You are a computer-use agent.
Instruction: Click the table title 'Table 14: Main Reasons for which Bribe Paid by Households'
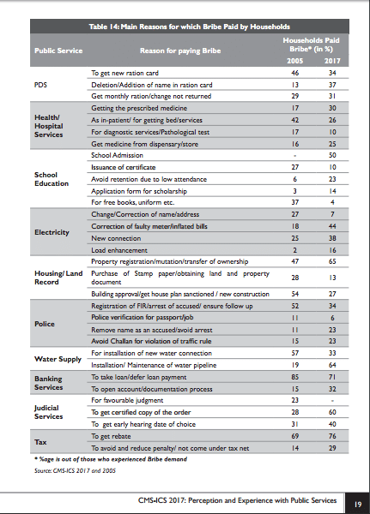189,27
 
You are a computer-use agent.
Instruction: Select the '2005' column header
294,61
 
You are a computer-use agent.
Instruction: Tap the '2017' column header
332,61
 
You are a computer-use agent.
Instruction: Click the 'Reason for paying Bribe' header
180,51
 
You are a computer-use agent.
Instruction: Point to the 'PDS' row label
40,85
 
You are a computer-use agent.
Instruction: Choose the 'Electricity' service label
52,232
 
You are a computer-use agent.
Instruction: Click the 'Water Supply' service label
58,359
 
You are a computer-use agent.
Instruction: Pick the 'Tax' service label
40,442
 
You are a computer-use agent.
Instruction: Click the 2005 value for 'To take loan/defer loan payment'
294,377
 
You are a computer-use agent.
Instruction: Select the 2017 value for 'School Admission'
332,155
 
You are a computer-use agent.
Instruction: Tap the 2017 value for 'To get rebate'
332,436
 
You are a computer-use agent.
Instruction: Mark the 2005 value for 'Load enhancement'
294,250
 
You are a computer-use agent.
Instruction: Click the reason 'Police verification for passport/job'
142,317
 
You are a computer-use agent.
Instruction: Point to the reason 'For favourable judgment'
127,400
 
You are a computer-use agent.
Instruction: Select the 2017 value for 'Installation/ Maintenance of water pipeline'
332,365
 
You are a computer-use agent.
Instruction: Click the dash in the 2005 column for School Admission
294,156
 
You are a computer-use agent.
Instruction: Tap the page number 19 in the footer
358,505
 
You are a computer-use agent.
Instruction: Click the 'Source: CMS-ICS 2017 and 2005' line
75,470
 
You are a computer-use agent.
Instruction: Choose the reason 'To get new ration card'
124,73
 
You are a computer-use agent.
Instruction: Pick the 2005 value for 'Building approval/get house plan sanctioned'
294,294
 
